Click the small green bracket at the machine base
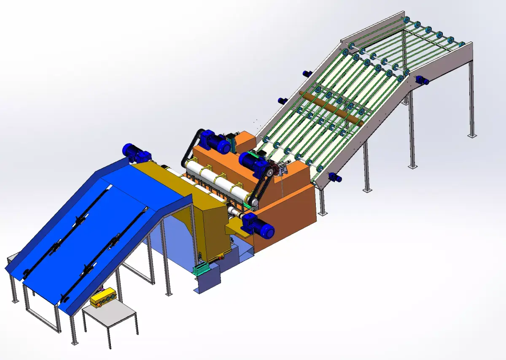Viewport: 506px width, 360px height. coord(201,269)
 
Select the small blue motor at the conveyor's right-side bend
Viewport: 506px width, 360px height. coord(422,80)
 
